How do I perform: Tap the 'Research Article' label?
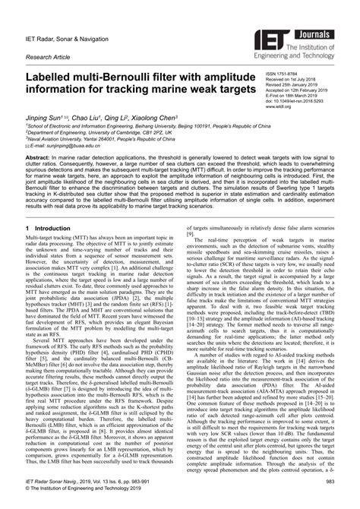click(x=51, y=55)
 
